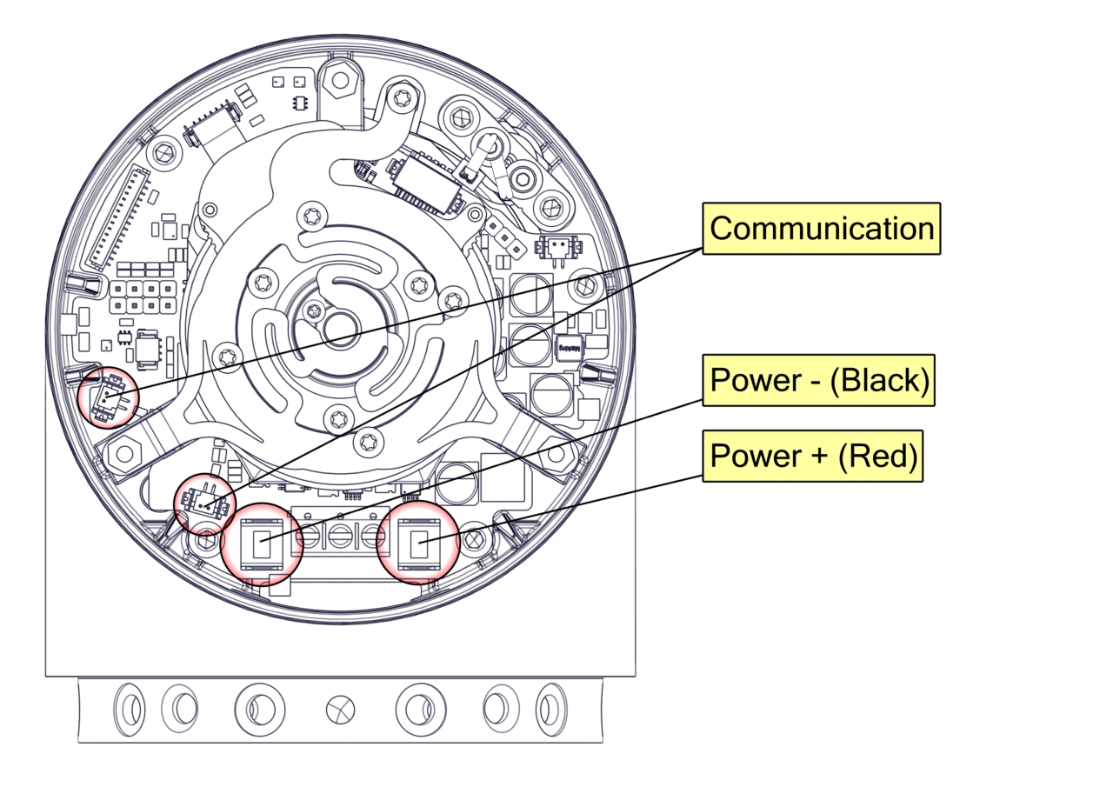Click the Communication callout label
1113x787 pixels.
coord(821,229)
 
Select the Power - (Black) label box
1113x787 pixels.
coord(817,380)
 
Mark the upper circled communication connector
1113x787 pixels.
coord(108,398)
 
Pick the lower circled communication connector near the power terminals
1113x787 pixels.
coord(206,503)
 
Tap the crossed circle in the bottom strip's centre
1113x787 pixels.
coord(340,710)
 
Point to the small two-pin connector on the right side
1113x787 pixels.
coord(556,248)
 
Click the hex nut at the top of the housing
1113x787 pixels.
coord(339,81)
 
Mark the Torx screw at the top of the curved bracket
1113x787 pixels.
coord(401,97)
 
